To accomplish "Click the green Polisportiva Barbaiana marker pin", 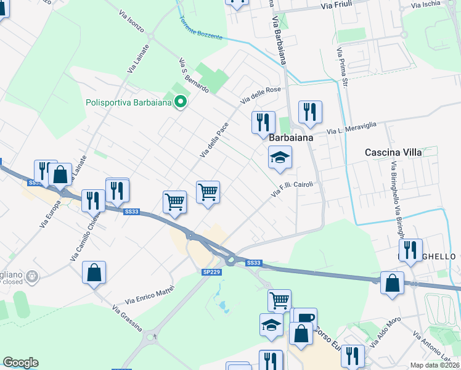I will (x=180, y=102).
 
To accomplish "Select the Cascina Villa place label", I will (x=392, y=152).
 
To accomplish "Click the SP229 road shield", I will (x=211, y=272).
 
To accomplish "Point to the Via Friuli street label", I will (x=340, y=6).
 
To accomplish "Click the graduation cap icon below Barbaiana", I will (x=279, y=158).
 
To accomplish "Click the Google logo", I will (x=20, y=363).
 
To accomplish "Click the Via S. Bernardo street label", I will (x=194, y=76).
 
